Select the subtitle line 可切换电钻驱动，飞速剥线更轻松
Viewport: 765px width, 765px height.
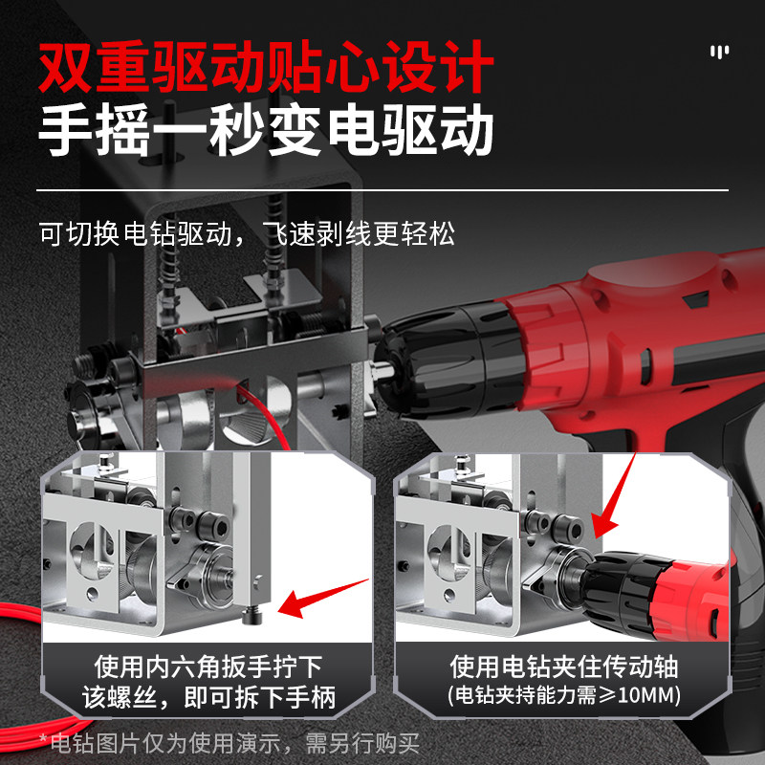coord(246,233)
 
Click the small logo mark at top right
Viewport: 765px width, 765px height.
coord(719,52)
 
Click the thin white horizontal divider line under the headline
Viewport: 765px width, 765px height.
coord(382,190)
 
